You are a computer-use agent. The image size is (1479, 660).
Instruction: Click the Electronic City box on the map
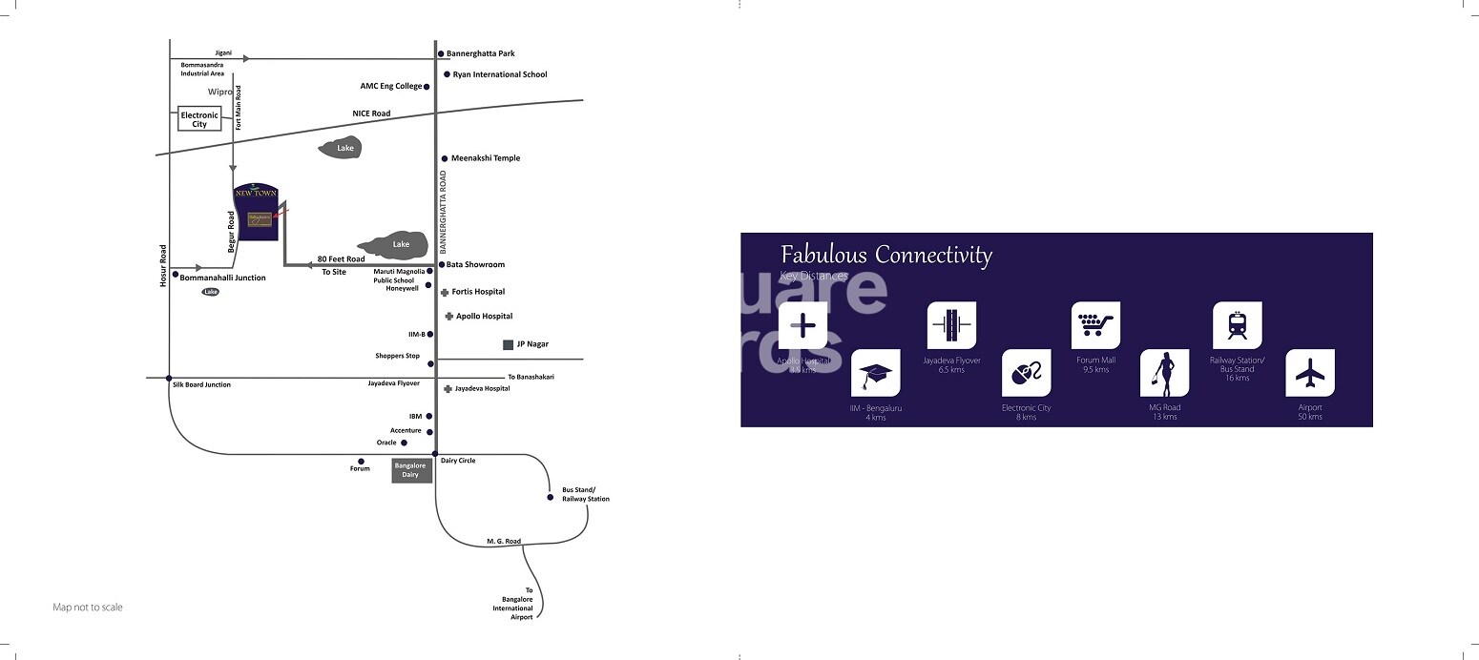click(199, 119)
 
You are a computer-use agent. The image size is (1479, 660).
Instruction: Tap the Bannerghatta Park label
click(481, 53)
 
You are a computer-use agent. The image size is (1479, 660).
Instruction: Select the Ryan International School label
click(500, 74)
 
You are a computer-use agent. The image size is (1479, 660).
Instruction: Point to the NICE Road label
click(371, 113)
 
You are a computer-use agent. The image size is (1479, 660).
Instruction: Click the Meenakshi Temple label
click(486, 158)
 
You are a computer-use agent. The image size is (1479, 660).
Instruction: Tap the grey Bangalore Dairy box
click(411, 470)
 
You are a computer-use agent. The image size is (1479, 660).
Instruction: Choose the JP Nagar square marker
click(508, 344)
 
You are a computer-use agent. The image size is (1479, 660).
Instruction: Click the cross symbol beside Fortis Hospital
click(445, 292)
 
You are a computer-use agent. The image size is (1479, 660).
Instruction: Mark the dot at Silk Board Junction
click(169, 379)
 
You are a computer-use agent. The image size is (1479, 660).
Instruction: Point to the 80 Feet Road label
click(341, 259)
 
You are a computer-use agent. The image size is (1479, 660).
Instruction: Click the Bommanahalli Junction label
click(222, 278)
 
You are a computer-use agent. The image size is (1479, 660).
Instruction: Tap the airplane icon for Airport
click(1310, 374)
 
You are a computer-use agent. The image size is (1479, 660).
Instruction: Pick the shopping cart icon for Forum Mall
click(1095, 326)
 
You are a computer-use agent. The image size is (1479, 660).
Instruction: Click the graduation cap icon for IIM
click(875, 374)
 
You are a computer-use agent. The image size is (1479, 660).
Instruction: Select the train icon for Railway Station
click(1237, 326)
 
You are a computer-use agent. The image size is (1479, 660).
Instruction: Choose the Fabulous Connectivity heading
click(886, 255)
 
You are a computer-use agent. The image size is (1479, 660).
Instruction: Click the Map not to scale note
click(88, 608)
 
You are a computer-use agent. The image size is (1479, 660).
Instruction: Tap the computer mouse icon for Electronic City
click(1026, 374)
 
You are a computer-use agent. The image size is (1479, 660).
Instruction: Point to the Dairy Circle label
click(458, 461)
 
